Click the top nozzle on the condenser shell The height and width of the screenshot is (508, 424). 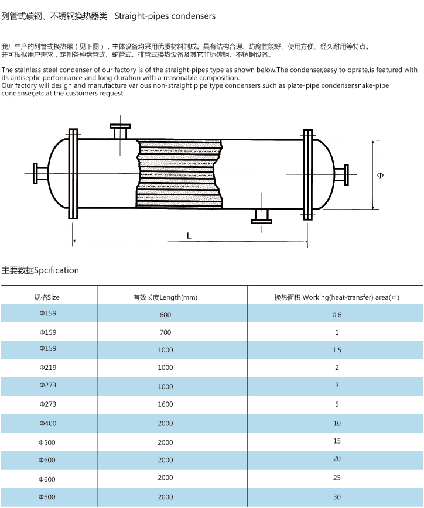point(121,131)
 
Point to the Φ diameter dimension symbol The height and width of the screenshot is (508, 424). point(381,175)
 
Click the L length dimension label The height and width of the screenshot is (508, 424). point(189,235)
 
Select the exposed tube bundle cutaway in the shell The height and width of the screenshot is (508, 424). point(179,174)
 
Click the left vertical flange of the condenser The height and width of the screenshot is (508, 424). point(73,174)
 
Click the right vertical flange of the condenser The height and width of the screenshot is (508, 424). point(307,174)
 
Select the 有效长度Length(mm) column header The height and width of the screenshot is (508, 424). point(165,297)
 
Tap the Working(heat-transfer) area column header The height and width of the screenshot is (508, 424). point(336,297)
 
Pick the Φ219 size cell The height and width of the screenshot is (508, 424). point(48,368)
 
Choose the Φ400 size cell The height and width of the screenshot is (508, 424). point(48,423)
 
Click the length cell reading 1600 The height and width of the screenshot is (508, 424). point(165,404)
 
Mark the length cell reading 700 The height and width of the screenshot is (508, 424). point(165,332)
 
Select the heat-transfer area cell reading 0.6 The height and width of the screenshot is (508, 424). point(337,315)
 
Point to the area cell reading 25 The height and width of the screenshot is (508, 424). point(337,478)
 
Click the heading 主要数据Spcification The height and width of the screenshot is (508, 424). point(40,270)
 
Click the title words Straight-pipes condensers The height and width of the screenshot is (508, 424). point(165,16)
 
